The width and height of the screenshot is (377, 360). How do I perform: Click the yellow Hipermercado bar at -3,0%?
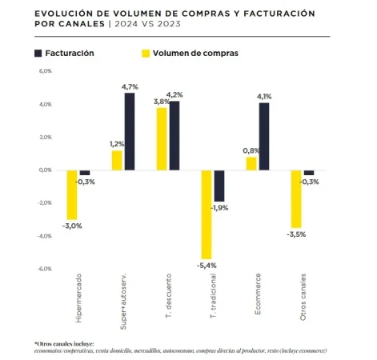[x=72, y=194]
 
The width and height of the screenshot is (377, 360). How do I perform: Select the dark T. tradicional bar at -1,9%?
[x=219, y=186]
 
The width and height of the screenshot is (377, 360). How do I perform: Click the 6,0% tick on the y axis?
[x=45, y=71]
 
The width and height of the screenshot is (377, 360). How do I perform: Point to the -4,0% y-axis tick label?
[x=44, y=236]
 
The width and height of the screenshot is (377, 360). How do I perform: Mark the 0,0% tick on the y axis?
[x=45, y=170]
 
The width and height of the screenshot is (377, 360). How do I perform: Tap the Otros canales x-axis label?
[x=302, y=298]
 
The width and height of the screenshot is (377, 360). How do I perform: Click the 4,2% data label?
[x=175, y=95]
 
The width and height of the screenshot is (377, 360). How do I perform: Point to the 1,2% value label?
[x=117, y=144]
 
